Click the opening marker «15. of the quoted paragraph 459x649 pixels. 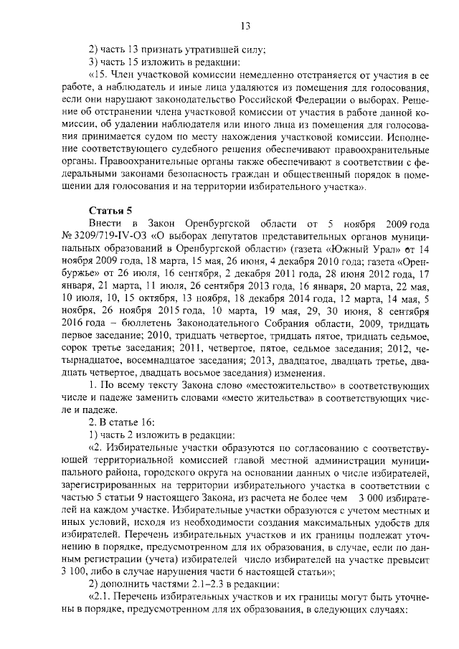coord(100,75)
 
